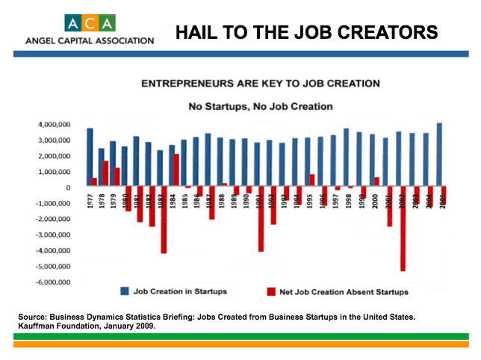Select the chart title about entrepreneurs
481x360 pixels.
click(261, 84)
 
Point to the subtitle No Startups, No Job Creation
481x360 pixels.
click(261, 107)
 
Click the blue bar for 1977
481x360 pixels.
click(90, 157)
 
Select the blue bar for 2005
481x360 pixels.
click(439, 155)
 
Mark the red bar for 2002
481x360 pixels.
click(403, 229)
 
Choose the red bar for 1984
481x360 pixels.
click(176, 170)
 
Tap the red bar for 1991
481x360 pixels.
click(261, 219)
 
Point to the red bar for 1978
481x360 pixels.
click(105, 174)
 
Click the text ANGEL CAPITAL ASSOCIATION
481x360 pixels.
click(89, 40)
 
